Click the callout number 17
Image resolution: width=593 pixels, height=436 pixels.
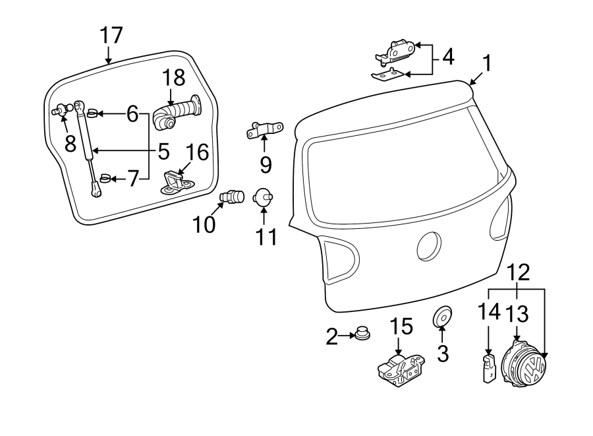[x=111, y=36]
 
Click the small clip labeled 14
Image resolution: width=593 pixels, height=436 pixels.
[x=488, y=367]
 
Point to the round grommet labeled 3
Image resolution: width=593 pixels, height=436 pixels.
[x=442, y=317]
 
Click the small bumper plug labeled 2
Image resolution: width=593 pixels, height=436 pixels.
[x=361, y=334]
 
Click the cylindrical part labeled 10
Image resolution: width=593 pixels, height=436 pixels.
[x=232, y=197]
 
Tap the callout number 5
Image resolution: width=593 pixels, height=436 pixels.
[x=164, y=151]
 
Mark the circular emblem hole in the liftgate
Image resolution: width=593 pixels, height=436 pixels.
[x=432, y=247]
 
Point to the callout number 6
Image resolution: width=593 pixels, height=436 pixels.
[x=132, y=115]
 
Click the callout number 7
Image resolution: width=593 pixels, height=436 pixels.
[x=132, y=179]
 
